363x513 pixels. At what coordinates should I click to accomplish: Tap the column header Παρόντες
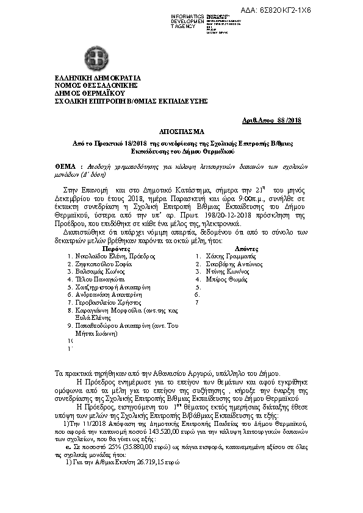(115, 249)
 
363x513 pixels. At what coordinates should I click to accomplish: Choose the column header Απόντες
(229, 249)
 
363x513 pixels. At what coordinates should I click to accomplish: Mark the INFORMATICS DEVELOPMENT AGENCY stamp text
(188, 21)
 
